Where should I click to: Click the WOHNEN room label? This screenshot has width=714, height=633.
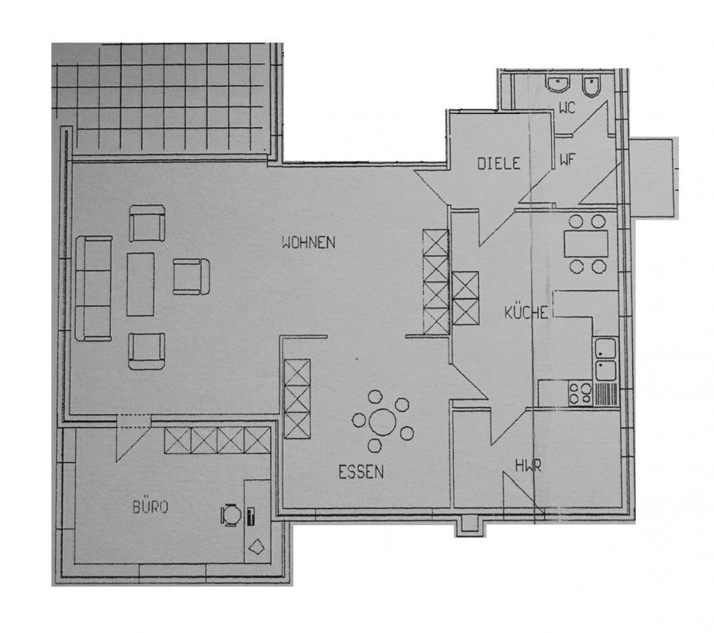[308, 242]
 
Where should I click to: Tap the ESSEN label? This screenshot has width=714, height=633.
[361, 470]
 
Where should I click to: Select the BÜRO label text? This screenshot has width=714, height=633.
[151, 508]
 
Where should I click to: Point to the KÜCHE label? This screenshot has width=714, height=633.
[527, 313]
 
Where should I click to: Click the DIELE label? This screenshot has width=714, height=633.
[497, 163]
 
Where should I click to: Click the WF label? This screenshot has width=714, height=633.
[567, 161]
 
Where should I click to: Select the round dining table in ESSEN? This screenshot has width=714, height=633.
[382, 423]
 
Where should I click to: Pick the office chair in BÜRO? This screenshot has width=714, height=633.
[231, 514]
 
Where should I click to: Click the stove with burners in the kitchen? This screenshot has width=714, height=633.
[580, 393]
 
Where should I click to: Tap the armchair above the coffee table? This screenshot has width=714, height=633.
[147, 223]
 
